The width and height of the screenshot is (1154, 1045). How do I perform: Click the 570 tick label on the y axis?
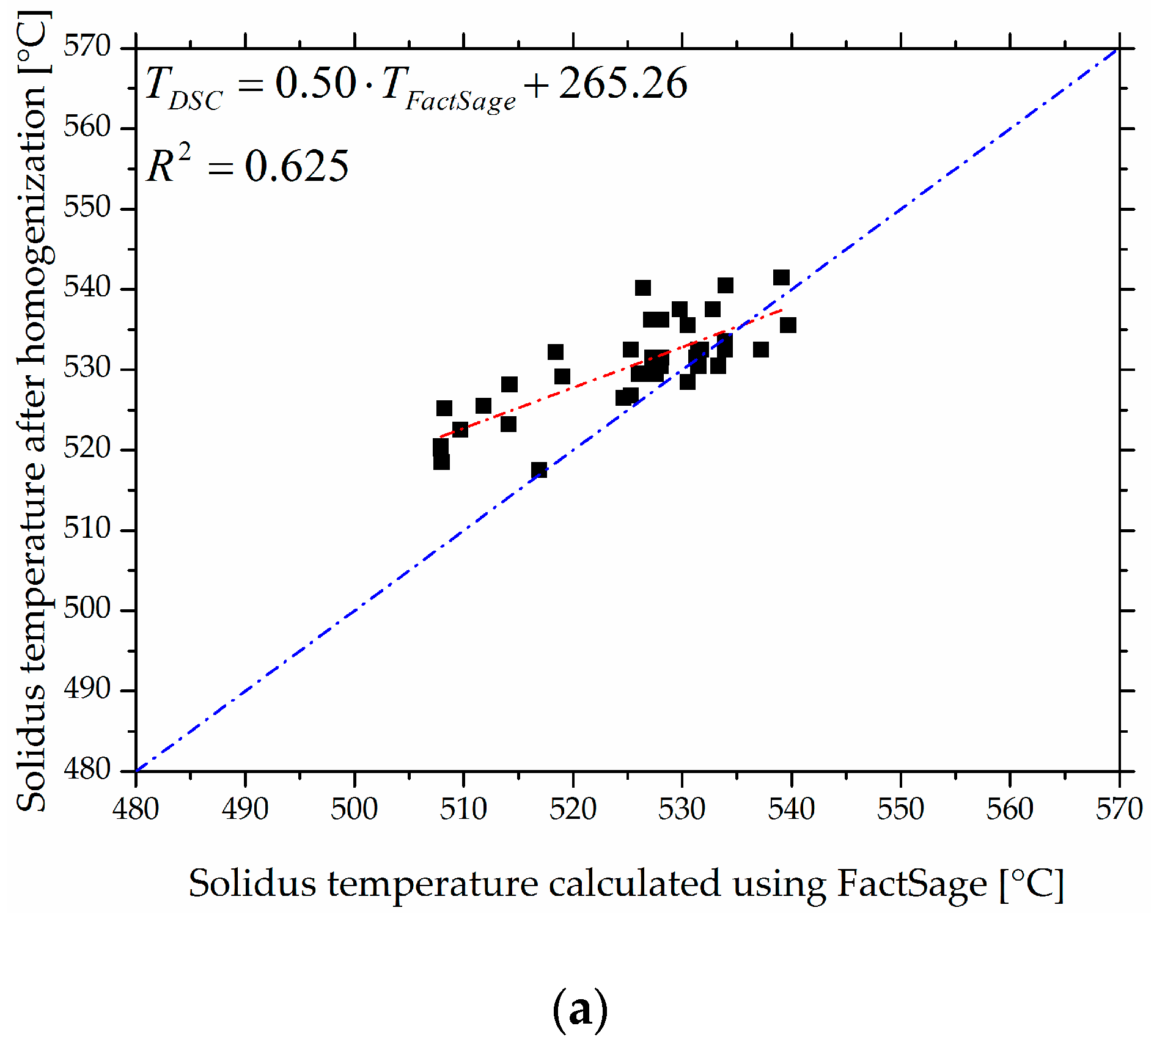point(87,46)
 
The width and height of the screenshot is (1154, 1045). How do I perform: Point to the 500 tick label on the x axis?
point(354,809)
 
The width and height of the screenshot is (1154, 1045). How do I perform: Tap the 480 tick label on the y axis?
point(87,769)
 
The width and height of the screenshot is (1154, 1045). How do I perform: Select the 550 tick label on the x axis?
point(900,809)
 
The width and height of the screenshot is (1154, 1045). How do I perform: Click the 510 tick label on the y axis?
point(87,529)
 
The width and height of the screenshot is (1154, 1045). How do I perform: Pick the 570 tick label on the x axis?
point(1119,809)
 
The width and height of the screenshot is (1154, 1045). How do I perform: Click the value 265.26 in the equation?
point(623,83)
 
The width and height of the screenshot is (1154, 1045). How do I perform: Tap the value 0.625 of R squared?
point(296,166)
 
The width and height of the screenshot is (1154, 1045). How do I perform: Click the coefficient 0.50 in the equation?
point(315,83)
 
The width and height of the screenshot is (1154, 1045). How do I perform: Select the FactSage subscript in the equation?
point(460,101)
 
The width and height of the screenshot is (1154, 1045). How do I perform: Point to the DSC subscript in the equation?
point(196,101)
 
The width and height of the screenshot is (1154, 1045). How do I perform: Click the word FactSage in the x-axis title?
point(911,884)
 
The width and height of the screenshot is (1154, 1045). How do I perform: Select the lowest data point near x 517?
point(538,470)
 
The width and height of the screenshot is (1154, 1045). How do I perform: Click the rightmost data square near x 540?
point(788,325)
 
